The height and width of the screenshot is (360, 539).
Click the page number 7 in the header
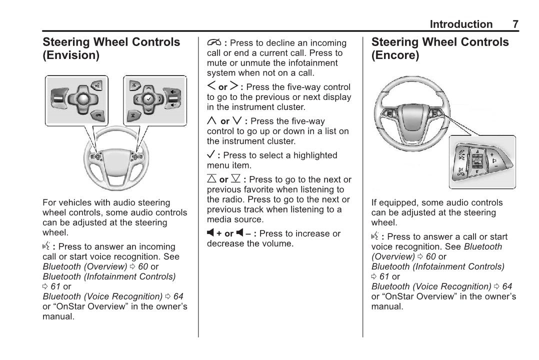click(515, 24)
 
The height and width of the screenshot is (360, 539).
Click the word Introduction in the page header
click(461, 24)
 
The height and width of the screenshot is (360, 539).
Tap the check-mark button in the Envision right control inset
click(148, 98)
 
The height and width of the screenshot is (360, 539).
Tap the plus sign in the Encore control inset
click(492, 154)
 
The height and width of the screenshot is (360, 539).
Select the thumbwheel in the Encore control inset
click(477, 162)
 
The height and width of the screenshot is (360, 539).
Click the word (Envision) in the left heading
click(71, 55)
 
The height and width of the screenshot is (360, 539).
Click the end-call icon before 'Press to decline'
click(213, 43)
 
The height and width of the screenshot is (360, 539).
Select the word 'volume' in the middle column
click(276, 243)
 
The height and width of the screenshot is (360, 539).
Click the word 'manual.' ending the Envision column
click(58, 316)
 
